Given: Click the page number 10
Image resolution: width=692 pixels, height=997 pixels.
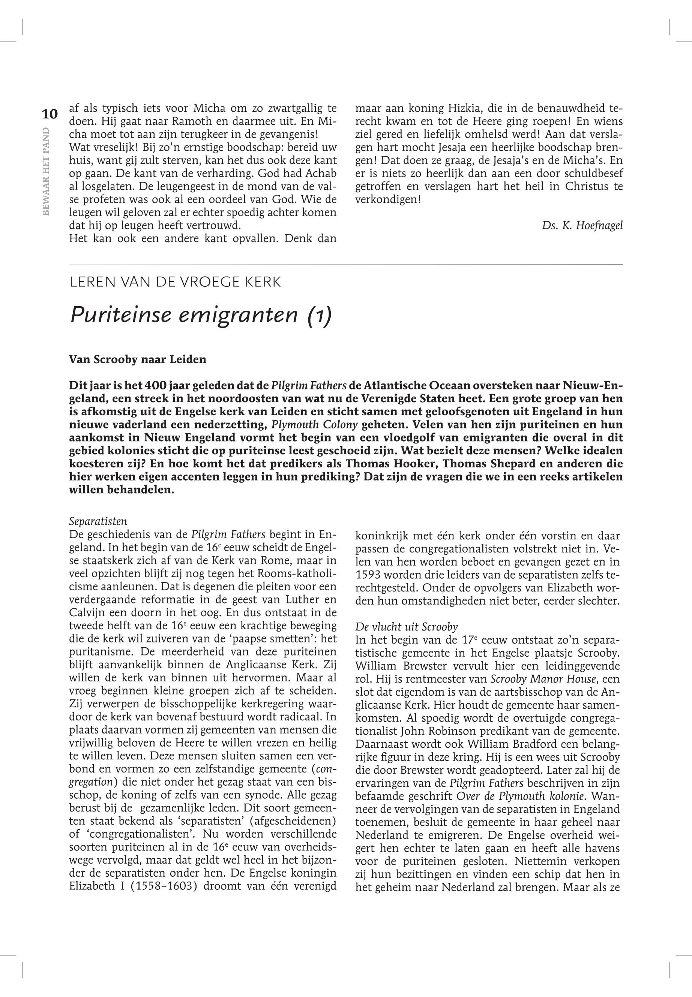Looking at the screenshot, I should pos(50,114).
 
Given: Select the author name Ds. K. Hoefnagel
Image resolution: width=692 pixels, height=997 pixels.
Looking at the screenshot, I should pos(582,225).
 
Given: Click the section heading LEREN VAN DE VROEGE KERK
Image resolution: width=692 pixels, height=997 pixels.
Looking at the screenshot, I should pos(175,282).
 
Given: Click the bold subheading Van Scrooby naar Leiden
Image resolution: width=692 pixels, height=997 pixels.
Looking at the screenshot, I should pos(137,359).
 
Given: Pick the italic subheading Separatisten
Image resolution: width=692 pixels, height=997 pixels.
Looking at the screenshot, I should pos(98,521).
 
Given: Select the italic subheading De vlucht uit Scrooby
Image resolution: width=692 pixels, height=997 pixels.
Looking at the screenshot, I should pos(407,627).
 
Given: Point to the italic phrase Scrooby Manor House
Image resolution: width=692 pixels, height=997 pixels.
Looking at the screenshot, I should pos(542,680).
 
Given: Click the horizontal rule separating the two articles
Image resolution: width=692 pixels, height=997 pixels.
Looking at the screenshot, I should pos(345,264).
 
